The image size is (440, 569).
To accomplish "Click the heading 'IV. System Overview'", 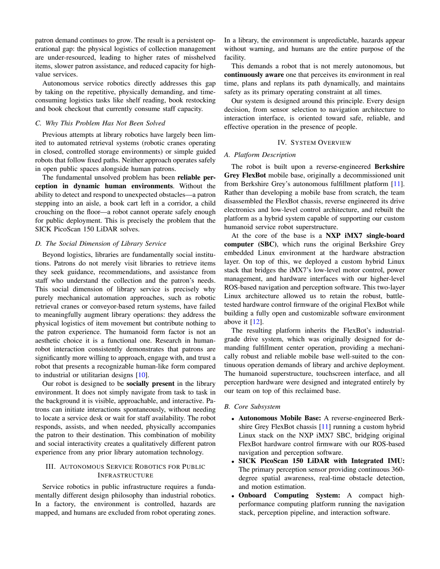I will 314,143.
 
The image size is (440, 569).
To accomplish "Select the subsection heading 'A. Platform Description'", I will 260,155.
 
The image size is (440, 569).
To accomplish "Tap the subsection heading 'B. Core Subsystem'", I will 252,406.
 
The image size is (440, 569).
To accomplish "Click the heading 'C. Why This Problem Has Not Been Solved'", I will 100,123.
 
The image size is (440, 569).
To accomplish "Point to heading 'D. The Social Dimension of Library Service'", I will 101,244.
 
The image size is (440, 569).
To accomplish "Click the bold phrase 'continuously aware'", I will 254,75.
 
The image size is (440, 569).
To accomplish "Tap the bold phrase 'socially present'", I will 150,384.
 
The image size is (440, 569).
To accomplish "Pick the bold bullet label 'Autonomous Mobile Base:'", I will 280,418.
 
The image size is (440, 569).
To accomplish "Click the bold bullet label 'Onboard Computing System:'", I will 289,495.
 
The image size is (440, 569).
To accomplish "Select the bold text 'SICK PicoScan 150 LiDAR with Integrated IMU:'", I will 321,461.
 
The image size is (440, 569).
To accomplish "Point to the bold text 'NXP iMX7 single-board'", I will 365,236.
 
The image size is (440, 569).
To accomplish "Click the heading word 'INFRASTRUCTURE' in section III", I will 125,475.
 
